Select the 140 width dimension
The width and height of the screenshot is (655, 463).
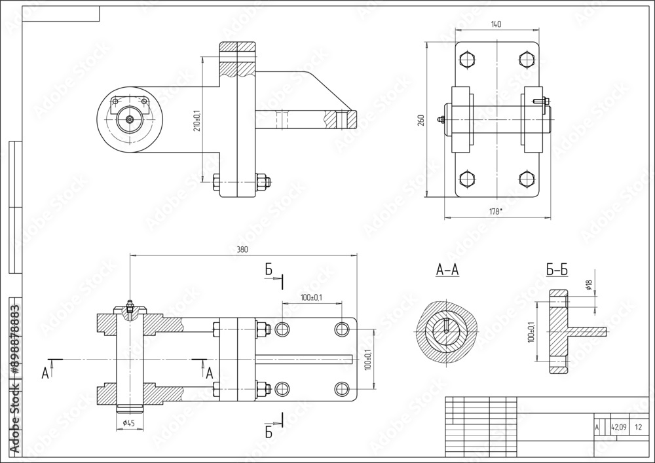(496, 24)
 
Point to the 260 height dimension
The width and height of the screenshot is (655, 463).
(421, 119)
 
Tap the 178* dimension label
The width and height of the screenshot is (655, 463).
(496, 211)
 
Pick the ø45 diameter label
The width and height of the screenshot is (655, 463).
(128, 423)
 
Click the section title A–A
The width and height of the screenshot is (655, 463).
(447, 269)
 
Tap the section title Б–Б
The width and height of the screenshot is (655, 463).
(557, 269)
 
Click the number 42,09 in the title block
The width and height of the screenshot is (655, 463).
(618, 427)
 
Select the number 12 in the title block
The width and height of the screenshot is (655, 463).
(639, 427)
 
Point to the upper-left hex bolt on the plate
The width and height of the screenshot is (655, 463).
(466, 60)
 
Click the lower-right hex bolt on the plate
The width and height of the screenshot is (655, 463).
(525, 179)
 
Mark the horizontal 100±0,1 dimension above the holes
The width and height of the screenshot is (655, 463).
(311, 298)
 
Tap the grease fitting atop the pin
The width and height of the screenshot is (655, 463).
(130, 306)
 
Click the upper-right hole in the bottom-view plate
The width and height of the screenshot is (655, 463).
(341, 328)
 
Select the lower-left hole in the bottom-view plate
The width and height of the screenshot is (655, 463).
(282, 389)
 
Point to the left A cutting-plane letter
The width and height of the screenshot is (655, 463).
(45, 373)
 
